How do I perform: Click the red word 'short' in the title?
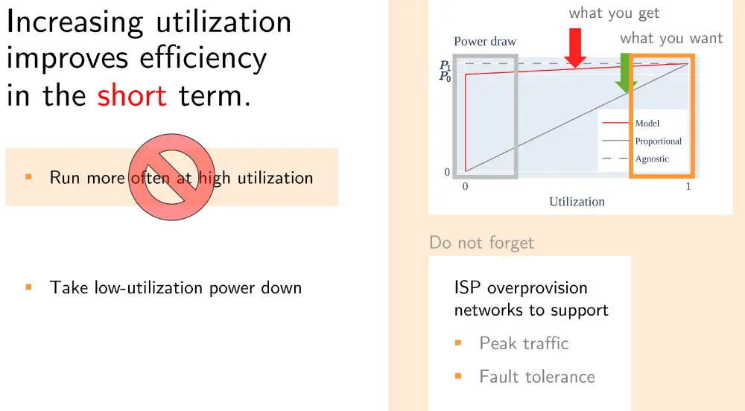point(132,96)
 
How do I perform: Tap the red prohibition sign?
point(171,178)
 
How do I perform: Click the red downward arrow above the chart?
point(576,47)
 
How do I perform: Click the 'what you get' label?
point(614,13)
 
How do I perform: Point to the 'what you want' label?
point(671,38)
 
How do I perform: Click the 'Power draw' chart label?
point(485,41)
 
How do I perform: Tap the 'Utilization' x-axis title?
point(577,202)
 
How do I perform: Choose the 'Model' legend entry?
point(647,123)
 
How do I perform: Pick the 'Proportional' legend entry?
point(658,141)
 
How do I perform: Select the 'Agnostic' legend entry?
point(652,159)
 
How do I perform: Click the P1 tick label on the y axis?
point(444,65)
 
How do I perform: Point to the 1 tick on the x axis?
point(688,187)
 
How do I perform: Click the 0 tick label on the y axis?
point(447,173)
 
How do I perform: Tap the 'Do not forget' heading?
point(482,243)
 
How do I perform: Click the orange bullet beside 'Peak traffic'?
point(459,343)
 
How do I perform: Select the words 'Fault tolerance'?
point(537,377)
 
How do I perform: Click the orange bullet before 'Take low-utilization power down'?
point(28,287)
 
